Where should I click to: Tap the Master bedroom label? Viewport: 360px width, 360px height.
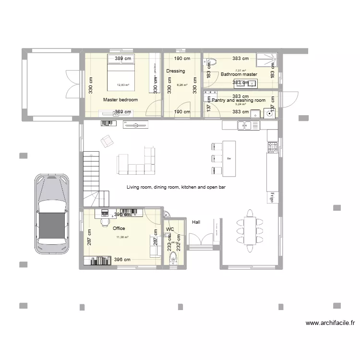120,100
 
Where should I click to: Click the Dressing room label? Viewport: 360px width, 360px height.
176,71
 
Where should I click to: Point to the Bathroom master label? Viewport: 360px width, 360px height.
239,74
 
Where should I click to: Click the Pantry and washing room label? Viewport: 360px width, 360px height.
239,100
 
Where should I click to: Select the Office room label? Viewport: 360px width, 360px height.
119,228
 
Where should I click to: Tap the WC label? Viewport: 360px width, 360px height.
170,229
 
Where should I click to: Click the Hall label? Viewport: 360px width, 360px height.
196,222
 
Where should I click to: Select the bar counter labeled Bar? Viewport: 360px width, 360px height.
229,157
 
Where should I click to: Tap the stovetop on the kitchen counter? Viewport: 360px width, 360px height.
272,146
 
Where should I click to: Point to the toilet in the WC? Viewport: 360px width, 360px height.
173,258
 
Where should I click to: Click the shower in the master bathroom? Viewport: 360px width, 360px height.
265,60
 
